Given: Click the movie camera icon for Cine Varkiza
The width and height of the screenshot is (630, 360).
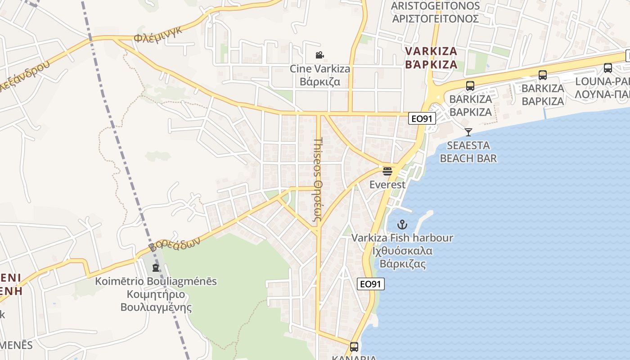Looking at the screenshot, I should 319,55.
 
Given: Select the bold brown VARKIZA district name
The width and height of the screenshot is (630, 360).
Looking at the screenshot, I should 431,58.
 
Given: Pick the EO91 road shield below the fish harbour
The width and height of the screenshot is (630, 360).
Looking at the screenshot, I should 371,284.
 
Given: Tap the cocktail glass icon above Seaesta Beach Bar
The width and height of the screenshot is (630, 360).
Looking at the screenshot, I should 468,132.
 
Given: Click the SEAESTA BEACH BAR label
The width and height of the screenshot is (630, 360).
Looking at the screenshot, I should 468,152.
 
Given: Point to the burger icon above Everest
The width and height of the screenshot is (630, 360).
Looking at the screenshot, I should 387,171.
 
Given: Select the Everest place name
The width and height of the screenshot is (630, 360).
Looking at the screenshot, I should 387,184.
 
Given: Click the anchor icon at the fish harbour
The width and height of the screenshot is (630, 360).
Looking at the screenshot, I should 402,224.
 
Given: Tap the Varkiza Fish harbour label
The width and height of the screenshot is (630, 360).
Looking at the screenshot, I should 402,238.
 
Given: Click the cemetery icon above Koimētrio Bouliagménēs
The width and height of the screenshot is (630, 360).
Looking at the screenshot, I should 156,268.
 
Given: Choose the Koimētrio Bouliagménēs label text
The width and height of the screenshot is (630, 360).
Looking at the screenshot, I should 156,282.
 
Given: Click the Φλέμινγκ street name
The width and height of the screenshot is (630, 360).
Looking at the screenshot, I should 157,35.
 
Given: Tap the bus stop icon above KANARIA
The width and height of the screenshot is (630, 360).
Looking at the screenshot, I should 354,346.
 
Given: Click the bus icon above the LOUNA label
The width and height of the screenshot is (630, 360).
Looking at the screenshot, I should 607,68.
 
